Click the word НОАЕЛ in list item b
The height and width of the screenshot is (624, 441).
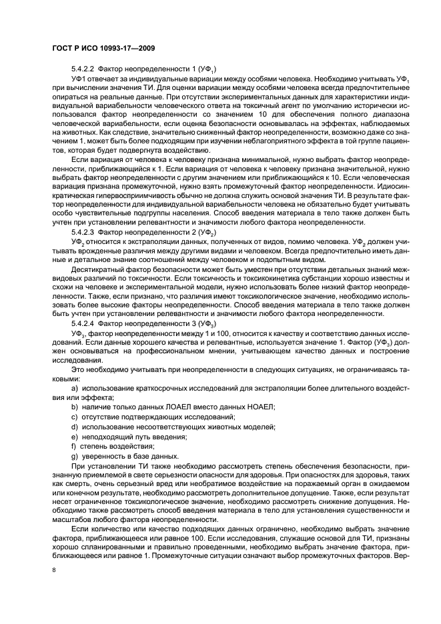(258, 407)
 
